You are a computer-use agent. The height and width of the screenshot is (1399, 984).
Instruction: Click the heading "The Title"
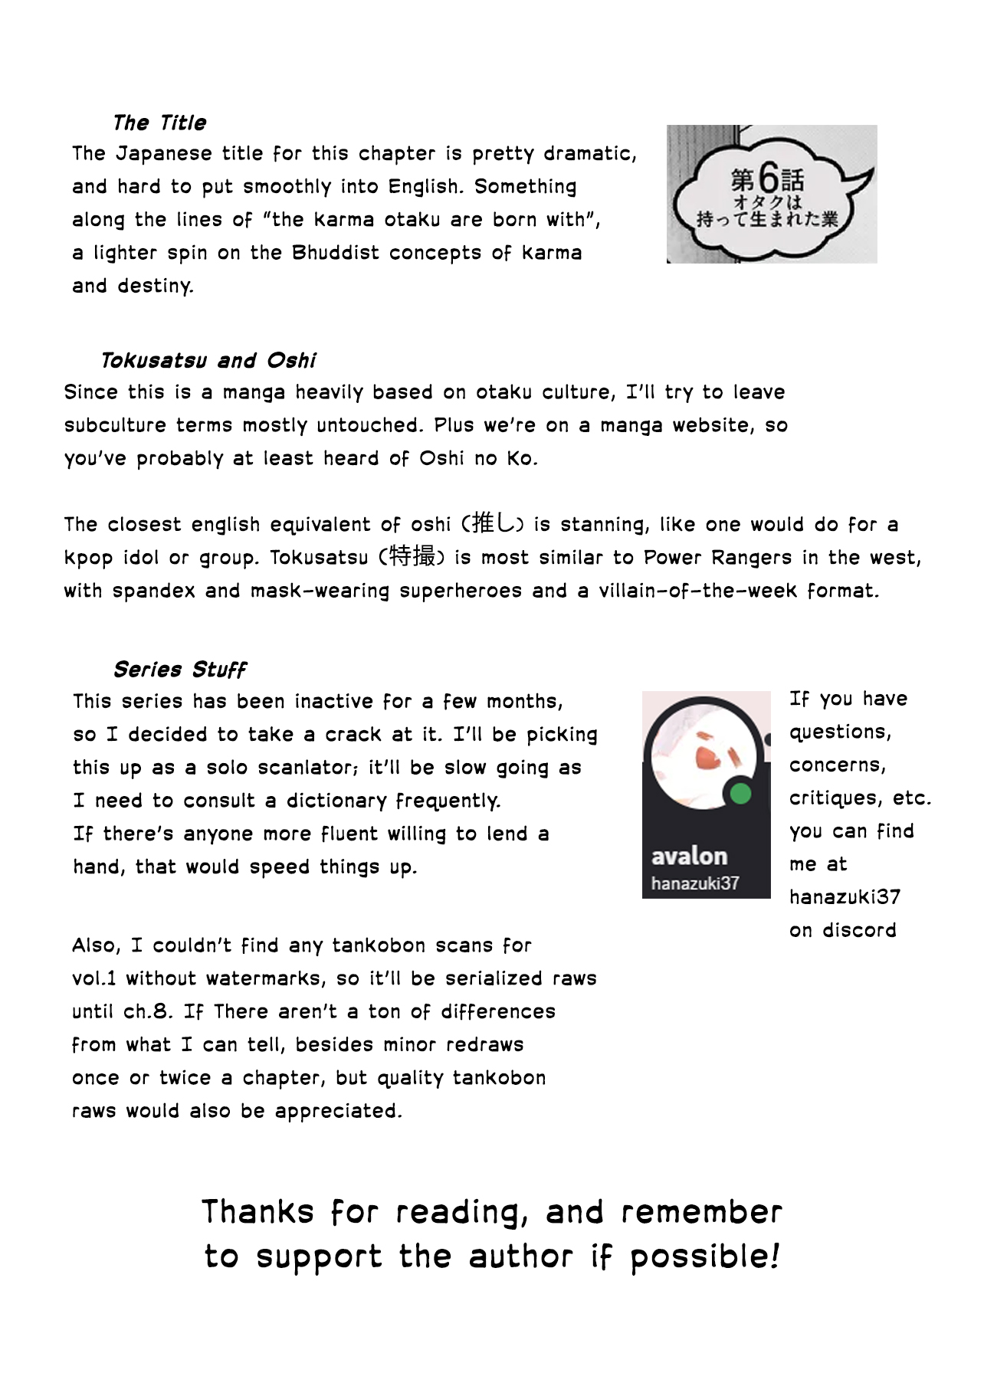[159, 123]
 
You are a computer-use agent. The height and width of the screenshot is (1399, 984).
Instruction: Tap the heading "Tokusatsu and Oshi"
[208, 360]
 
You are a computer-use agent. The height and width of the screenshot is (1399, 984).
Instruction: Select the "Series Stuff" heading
[179, 670]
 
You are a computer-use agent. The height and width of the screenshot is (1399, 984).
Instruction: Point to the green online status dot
[740, 794]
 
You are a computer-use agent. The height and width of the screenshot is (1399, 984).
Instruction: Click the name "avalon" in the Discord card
[689, 856]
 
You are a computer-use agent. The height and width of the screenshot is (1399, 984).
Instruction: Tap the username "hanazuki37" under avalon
[694, 883]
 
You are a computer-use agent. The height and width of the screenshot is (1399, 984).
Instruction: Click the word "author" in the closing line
[520, 1256]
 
